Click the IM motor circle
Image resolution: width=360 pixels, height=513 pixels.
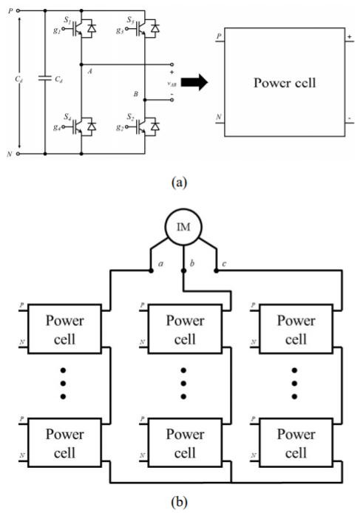click(x=183, y=227)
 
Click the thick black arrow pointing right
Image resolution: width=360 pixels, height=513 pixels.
click(x=194, y=82)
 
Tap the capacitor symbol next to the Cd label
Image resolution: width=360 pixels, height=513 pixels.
click(x=45, y=78)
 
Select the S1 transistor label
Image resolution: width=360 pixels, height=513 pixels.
click(x=67, y=20)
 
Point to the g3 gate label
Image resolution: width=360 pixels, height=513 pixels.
click(x=120, y=30)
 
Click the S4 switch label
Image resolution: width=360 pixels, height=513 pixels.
click(x=67, y=117)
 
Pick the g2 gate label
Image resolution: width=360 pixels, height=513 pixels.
click(x=120, y=127)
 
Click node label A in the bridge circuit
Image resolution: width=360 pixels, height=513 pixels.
click(x=89, y=71)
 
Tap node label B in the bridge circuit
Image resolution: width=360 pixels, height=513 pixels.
click(x=135, y=94)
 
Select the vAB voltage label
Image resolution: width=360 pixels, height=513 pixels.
click(x=171, y=84)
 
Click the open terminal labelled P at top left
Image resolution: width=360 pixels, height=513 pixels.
click(x=18, y=10)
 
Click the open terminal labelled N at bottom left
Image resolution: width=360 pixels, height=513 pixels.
click(x=18, y=154)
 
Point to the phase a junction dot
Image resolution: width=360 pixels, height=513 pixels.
click(x=151, y=271)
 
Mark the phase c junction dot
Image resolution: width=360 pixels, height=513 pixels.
click(x=216, y=271)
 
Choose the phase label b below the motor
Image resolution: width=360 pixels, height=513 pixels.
click(x=192, y=263)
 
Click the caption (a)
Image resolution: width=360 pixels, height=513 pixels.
click(x=180, y=182)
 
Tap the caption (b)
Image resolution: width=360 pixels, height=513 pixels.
click(x=180, y=502)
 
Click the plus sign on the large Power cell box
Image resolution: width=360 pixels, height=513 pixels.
click(x=350, y=37)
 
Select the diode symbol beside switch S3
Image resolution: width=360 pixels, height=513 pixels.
click(x=155, y=29)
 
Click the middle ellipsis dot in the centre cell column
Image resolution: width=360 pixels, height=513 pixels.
click(x=183, y=384)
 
